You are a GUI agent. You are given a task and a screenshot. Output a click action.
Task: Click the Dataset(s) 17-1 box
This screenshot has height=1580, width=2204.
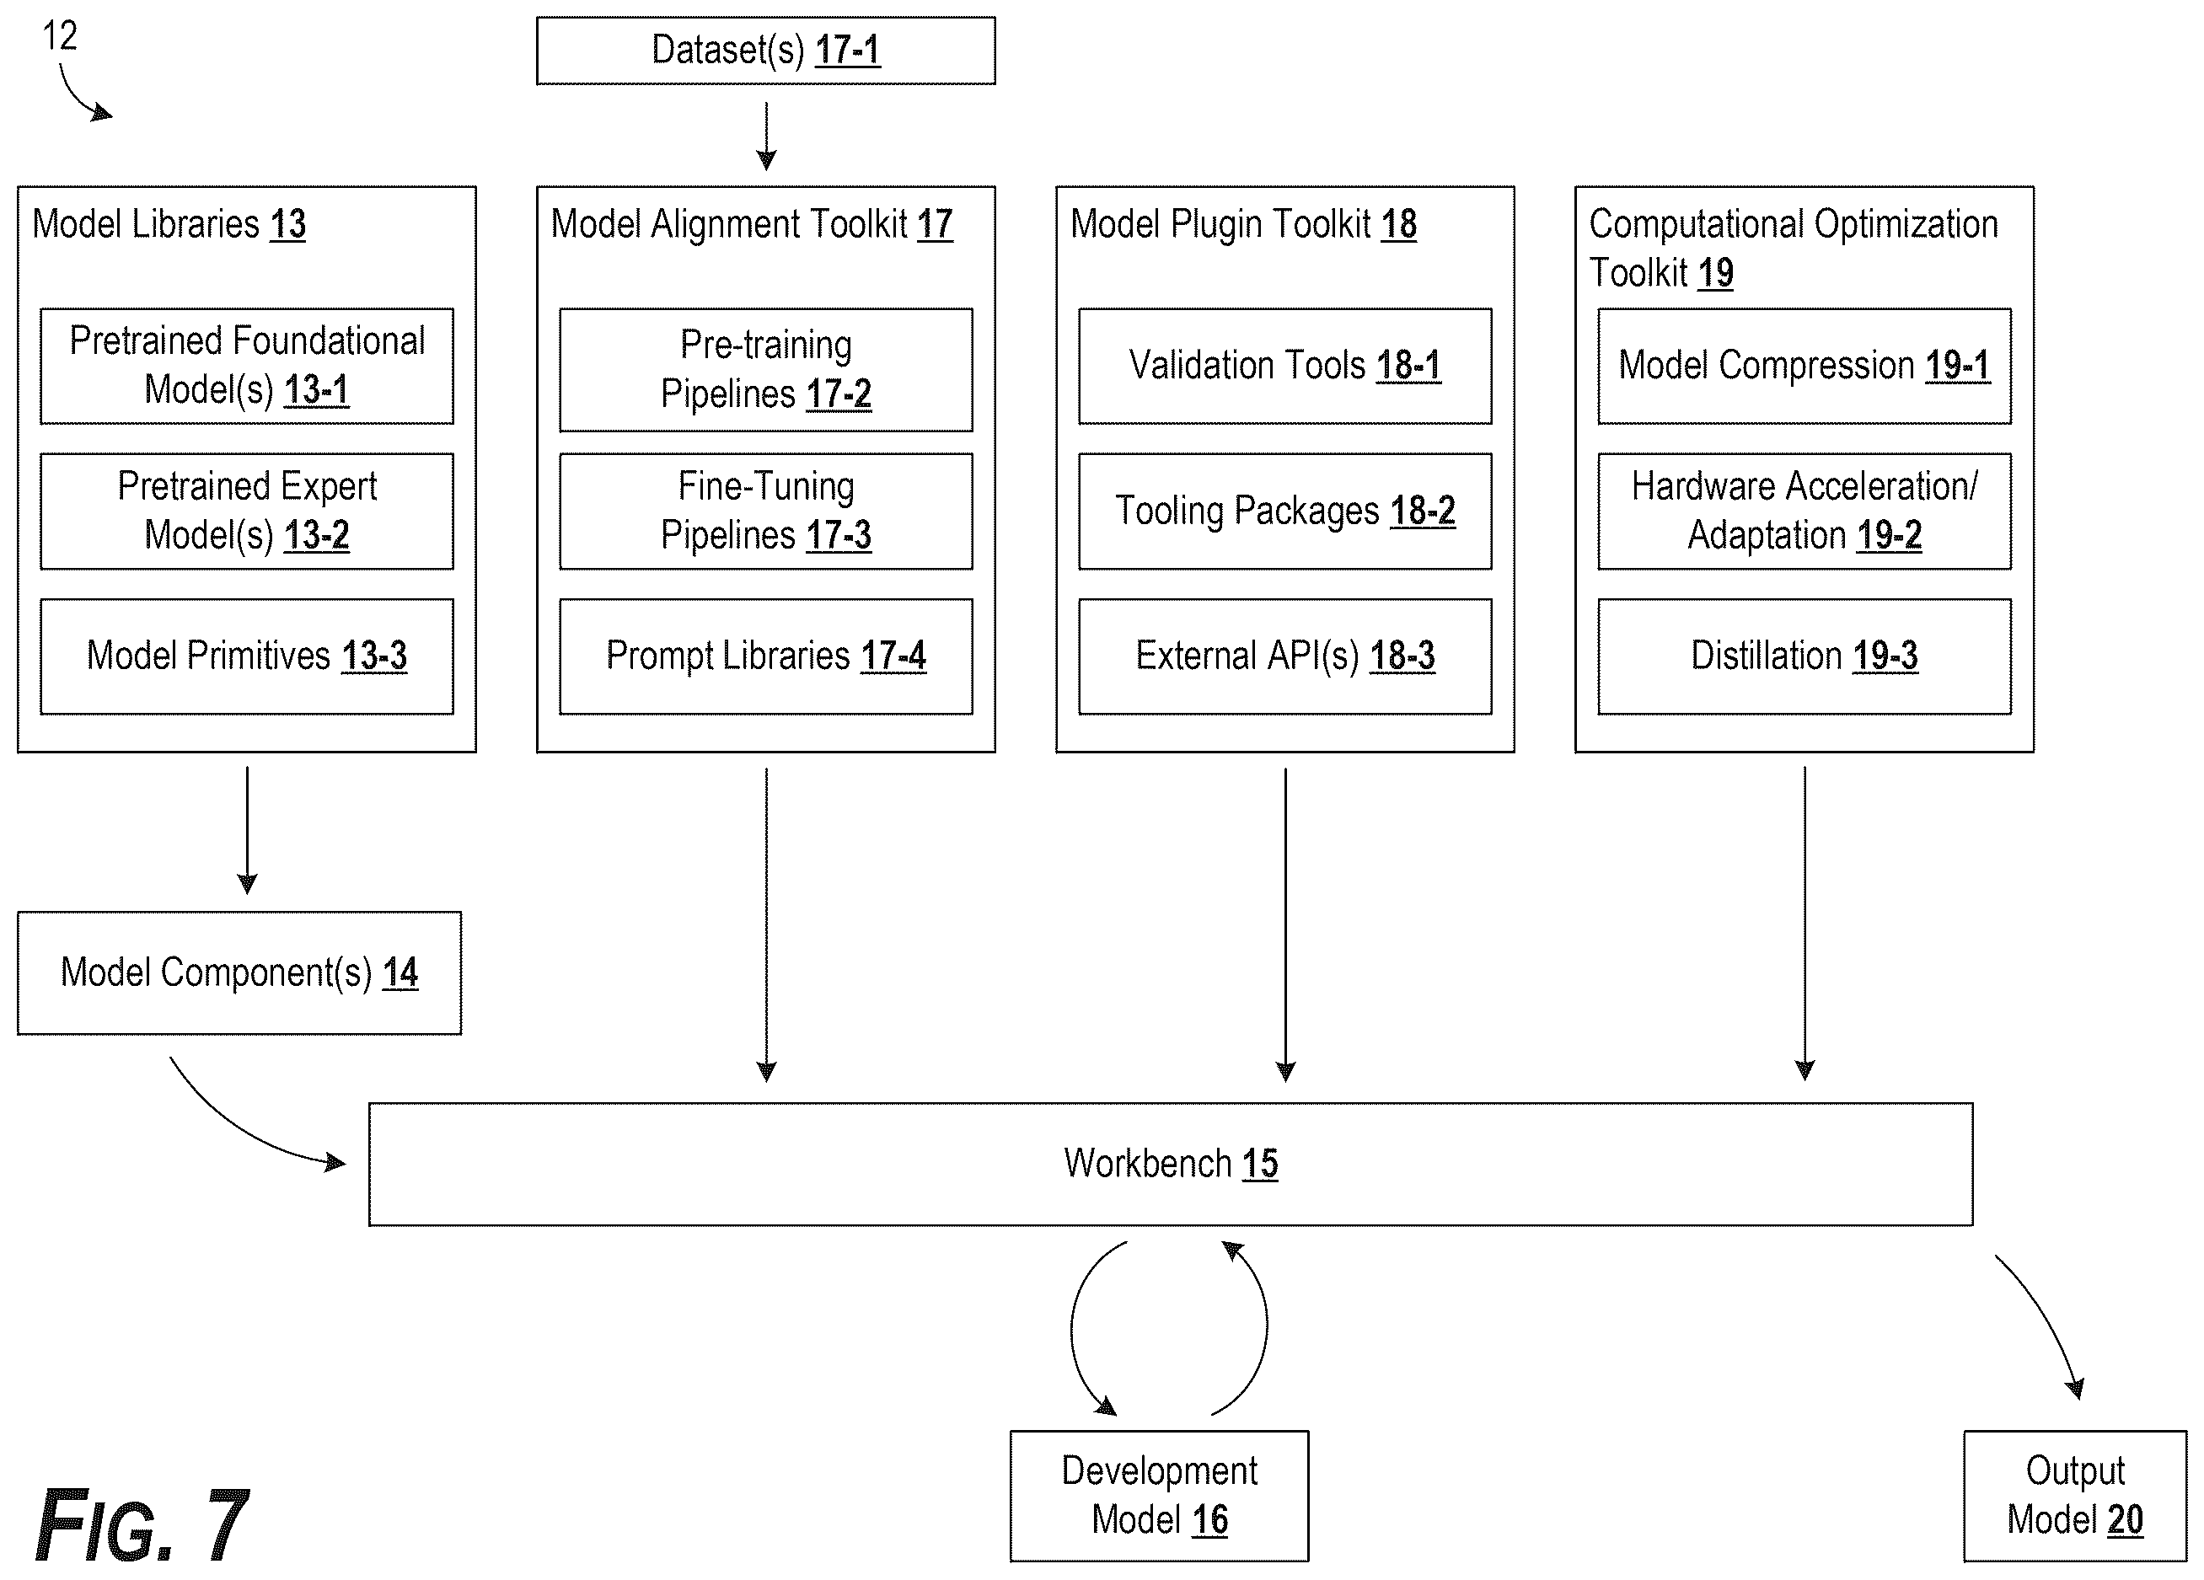766,51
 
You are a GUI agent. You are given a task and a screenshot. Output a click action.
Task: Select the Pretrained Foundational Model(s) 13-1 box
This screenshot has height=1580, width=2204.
247,367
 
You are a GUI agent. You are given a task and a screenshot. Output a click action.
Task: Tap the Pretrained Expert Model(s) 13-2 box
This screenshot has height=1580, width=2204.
247,511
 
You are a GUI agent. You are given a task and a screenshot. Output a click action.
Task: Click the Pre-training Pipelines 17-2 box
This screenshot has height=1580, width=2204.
766,370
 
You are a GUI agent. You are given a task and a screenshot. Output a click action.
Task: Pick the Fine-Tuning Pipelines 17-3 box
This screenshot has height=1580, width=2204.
766,511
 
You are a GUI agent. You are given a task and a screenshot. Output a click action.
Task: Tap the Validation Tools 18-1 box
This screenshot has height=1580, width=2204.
1284,367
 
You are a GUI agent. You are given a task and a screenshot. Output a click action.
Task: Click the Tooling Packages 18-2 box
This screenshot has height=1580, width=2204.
1284,511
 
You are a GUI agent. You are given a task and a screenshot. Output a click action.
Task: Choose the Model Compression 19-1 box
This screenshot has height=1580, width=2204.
1804,367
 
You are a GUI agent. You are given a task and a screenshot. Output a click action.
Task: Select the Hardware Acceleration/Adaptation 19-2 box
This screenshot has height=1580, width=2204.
1804,511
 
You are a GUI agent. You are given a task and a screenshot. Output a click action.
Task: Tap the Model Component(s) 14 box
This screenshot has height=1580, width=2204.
239,972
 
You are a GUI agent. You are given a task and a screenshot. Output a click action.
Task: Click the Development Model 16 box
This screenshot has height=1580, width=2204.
1160,1496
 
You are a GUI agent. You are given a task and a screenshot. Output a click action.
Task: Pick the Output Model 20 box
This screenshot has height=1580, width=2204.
2075,1496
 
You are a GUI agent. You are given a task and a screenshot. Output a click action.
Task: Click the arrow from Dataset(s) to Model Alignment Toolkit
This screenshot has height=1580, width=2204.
766,136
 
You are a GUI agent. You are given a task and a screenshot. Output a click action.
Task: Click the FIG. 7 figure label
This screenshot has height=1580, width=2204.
142,1524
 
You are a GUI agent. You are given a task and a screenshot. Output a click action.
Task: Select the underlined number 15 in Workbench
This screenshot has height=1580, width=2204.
1260,1164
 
